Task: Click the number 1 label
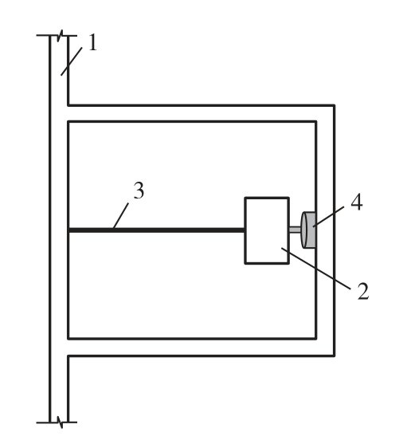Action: [92, 42]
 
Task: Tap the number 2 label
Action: [363, 291]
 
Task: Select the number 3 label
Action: [139, 190]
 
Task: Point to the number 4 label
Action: [357, 202]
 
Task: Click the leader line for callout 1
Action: [72, 61]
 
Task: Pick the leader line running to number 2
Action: [315, 269]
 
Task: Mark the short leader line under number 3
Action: [120, 216]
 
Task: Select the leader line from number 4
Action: [328, 217]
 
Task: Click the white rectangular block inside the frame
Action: [267, 230]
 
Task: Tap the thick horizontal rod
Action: [156, 230]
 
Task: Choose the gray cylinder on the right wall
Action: [308, 230]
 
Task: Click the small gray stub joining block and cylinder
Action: [295, 230]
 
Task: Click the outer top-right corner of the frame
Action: [335, 105]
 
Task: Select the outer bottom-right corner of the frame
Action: [335, 356]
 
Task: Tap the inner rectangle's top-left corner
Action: [68, 122]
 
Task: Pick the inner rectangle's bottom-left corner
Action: [68, 339]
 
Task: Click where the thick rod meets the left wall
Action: [68, 230]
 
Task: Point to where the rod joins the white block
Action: [245, 230]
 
